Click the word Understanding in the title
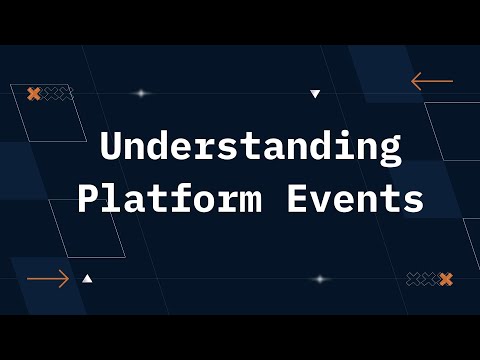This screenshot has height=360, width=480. [x=250, y=148]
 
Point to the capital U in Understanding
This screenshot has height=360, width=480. [x=112, y=147]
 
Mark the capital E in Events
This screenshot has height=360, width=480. [x=297, y=199]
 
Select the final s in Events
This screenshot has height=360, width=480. [x=412, y=201]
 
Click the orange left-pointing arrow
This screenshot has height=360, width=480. [x=432, y=81]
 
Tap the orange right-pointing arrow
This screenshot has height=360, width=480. [x=48, y=279]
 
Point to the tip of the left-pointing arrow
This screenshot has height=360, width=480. [x=413, y=81]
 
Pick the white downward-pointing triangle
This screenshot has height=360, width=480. [x=315, y=94]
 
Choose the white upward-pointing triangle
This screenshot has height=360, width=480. [x=88, y=279]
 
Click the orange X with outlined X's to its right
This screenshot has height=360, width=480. [x=33, y=94]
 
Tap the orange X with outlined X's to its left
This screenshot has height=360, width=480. [x=446, y=279]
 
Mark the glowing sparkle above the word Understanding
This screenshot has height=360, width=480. [x=141, y=94]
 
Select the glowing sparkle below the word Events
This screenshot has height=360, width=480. [x=320, y=279]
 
